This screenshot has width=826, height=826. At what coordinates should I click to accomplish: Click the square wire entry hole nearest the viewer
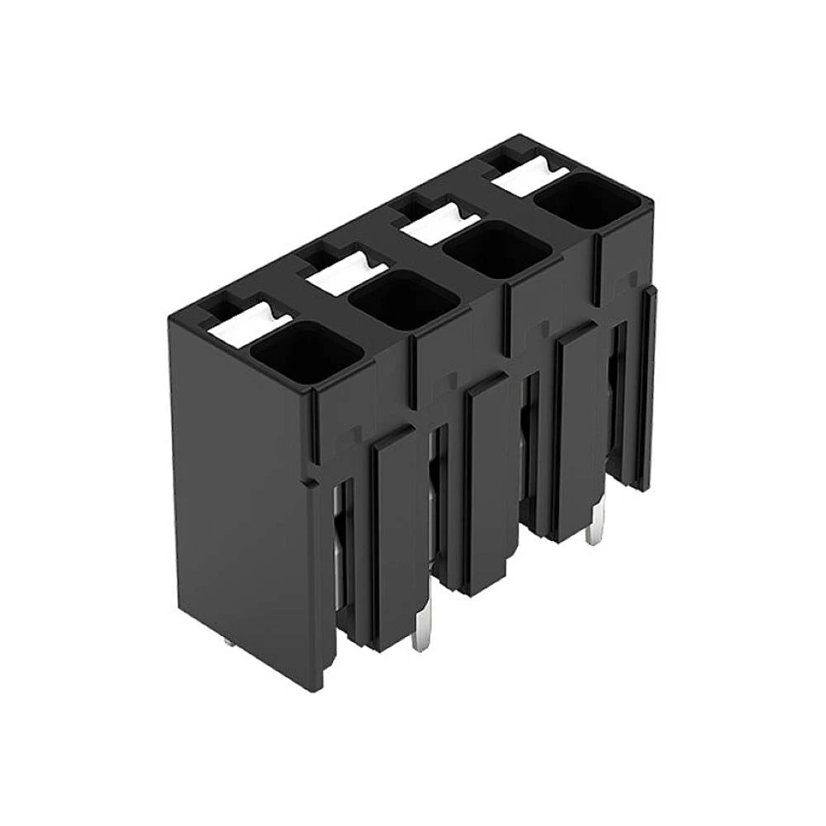pos(306,353)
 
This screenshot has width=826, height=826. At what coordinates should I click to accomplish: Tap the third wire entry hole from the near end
pos(497,249)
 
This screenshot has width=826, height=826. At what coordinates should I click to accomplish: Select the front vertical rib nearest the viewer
pos(388,537)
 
